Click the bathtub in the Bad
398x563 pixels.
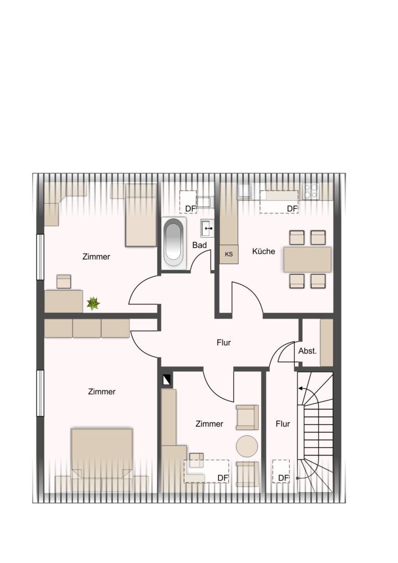click(x=174, y=242)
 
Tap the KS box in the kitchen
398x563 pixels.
click(x=229, y=254)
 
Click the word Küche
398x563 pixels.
click(x=264, y=251)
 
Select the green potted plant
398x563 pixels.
click(x=93, y=303)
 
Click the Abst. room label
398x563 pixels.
click(x=307, y=351)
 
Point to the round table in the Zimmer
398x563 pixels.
click(x=247, y=446)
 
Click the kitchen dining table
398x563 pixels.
click(x=307, y=259)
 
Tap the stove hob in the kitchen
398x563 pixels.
click(x=311, y=191)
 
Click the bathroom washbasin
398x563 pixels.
click(x=207, y=228)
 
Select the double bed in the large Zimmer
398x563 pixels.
click(x=102, y=453)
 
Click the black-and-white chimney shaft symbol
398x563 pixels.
click(x=167, y=380)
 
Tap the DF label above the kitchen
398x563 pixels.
click(x=292, y=209)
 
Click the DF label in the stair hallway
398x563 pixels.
click(x=283, y=478)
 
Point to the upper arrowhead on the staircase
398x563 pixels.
click(x=300, y=388)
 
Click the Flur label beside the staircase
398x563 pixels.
click(x=283, y=424)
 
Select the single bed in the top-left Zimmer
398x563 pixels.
click(x=141, y=215)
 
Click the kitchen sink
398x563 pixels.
click(x=245, y=191)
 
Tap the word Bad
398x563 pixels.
click(x=200, y=245)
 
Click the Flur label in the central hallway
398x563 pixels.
click(x=223, y=342)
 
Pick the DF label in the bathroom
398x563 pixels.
click(x=191, y=209)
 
